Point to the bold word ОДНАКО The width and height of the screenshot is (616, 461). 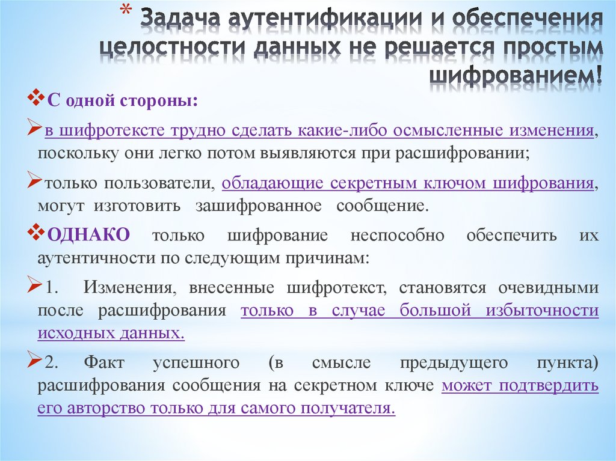(88, 236)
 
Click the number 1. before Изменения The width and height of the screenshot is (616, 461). (51, 288)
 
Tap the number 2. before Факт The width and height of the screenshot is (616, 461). (51, 363)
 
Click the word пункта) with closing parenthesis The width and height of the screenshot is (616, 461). (566, 363)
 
